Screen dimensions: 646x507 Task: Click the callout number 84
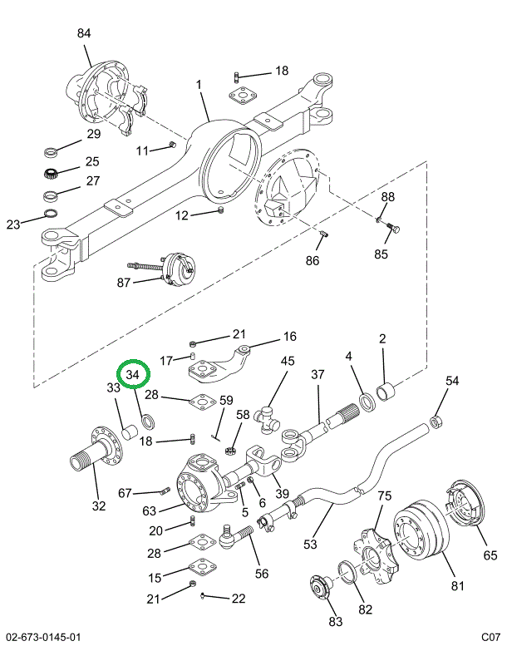[84, 33]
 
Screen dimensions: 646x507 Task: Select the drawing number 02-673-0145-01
[42, 637]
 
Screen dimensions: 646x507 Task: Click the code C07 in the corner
[489, 637]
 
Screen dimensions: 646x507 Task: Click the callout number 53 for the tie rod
[310, 545]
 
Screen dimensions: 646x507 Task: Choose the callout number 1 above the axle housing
[199, 85]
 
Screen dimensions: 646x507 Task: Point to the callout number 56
[262, 573]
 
